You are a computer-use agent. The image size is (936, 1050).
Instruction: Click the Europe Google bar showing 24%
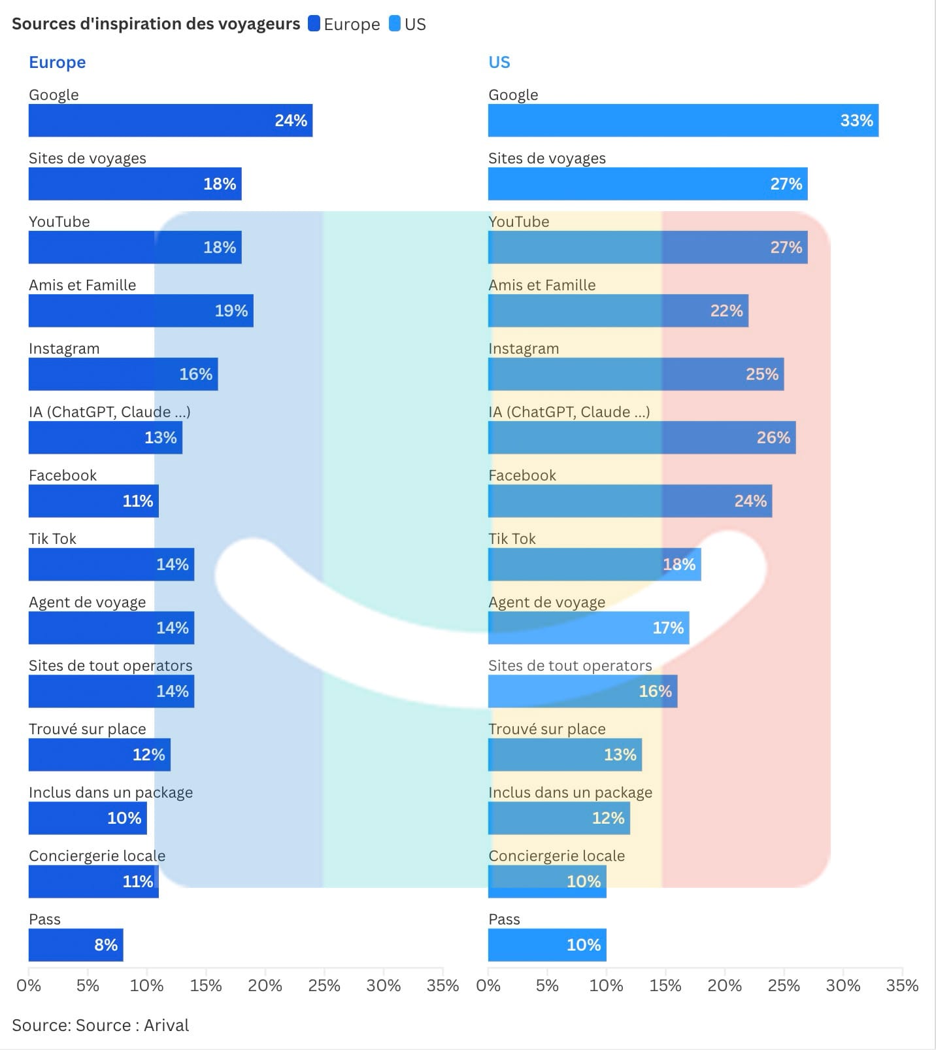(x=170, y=120)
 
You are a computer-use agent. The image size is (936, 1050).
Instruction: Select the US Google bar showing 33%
(x=683, y=120)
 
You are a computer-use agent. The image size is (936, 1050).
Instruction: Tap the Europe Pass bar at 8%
(x=76, y=945)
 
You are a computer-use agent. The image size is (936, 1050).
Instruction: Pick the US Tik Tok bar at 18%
(x=594, y=564)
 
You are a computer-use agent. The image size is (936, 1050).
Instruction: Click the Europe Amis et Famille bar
(x=141, y=311)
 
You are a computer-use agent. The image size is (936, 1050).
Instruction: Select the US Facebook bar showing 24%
(x=629, y=501)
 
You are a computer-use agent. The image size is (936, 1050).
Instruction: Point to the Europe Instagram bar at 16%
(x=123, y=374)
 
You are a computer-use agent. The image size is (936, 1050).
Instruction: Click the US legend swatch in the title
(x=395, y=24)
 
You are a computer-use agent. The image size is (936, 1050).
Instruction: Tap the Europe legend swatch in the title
(x=314, y=24)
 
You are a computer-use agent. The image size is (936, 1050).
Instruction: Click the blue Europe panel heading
(x=58, y=62)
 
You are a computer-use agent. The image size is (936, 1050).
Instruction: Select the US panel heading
(x=499, y=62)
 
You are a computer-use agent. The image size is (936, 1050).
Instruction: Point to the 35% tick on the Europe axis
(x=443, y=985)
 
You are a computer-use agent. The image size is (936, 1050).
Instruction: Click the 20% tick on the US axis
(x=724, y=985)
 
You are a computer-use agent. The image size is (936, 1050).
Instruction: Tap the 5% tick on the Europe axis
(x=88, y=985)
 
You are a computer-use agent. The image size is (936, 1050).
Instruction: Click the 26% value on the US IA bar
(x=773, y=437)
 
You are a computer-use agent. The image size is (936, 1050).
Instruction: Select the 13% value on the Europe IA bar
(x=161, y=437)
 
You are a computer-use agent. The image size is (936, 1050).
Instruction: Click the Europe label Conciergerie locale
(x=97, y=856)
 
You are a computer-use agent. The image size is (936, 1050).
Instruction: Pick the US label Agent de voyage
(x=546, y=602)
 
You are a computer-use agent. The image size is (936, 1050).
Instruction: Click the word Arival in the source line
(x=166, y=1025)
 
